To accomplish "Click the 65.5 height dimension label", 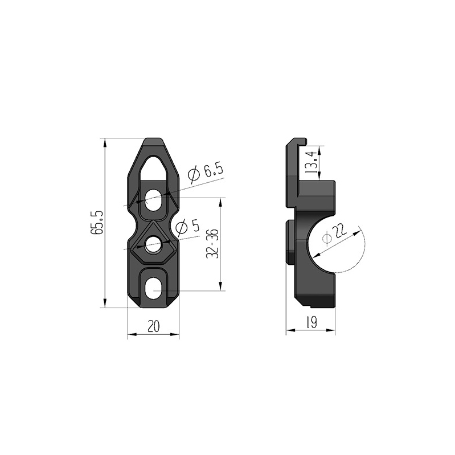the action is pos(97,223).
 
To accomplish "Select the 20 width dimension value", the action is pos(154,327).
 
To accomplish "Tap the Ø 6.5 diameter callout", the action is pos(206,174).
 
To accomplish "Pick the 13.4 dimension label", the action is pos(311,163).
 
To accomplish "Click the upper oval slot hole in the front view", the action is pos(153,200).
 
